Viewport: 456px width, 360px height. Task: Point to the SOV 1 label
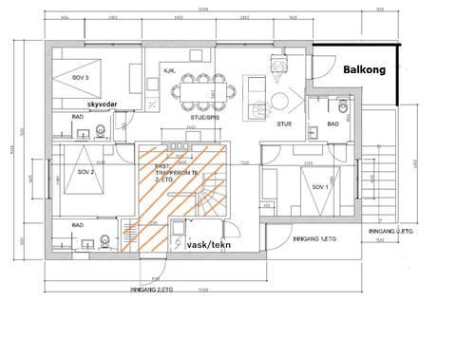(319, 188)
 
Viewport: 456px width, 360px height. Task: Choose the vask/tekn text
(211, 243)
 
